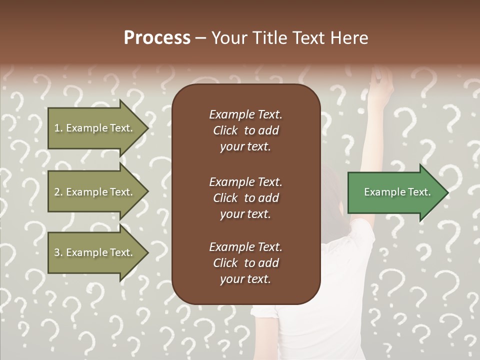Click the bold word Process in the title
click(157, 38)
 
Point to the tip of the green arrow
click(447, 192)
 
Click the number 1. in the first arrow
click(58, 128)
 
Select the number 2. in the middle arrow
click(58, 192)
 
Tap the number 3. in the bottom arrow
click(58, 253)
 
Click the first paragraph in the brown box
click(245, 130)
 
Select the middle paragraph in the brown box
click(245, 198)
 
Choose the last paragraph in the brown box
click(245, 263)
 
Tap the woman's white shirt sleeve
click(357, 240)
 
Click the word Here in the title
click(350, 38)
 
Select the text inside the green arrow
click(397, 192)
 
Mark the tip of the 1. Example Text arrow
click(147, 128)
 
